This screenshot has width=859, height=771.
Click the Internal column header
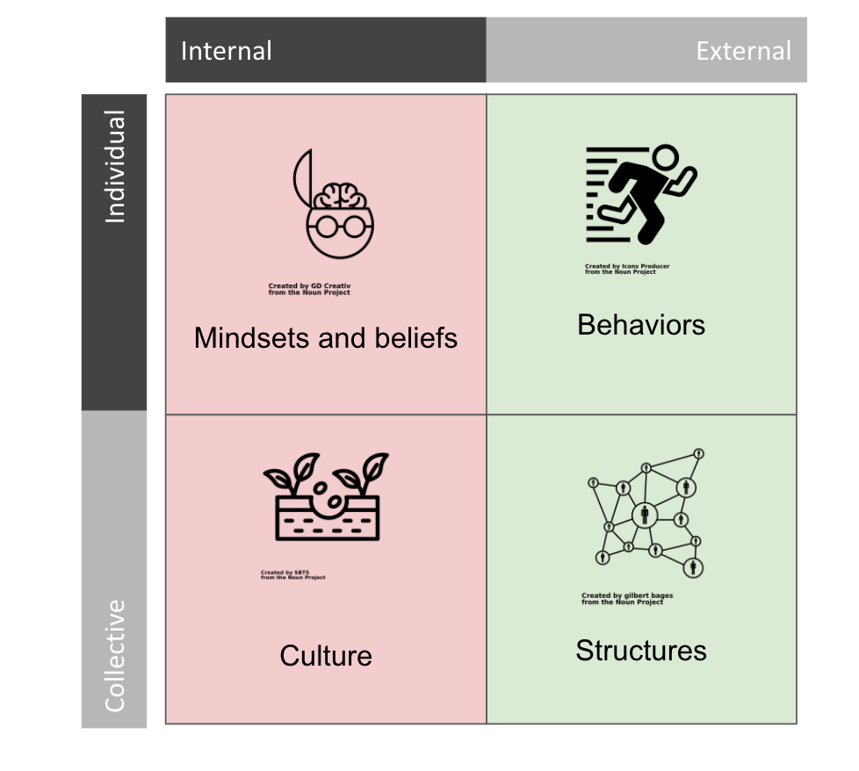tap(226, 51)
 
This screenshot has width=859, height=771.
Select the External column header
tap(743, 51)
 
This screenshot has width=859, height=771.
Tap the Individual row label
tap(115, 167)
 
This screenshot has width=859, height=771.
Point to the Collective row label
tap(115, 655)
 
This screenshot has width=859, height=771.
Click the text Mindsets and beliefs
tap(326, 338)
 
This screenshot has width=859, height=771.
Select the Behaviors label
tap(641, 325)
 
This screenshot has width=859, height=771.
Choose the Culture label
tap(326, 656)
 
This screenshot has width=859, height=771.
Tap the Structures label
tap(641, 651)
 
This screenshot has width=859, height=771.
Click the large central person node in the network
tap(645, 514)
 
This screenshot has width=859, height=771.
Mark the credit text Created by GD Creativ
tap(309, 289)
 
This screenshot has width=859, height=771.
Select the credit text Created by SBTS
tap(292, 575)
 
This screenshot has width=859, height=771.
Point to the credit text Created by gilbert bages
tap(627, 599)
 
